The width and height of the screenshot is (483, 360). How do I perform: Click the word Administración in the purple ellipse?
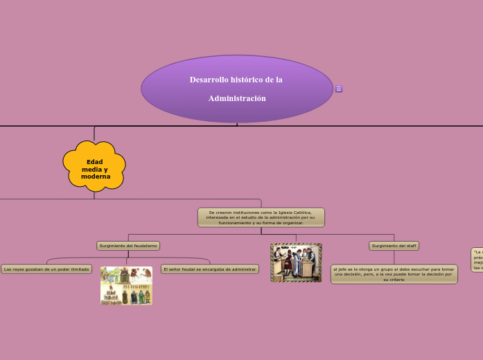coord(237,98)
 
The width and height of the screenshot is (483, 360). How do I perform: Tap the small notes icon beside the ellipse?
coord(339,89)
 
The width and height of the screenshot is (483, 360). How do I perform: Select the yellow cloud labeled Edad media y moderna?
coord(94,166)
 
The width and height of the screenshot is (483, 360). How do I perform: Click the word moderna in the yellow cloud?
coord(96,177)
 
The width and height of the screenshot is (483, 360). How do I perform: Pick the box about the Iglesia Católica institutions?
coord(261,217)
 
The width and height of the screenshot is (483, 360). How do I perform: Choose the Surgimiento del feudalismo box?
coord(128,246)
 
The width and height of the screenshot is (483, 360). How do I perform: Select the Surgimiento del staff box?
coord(394,246)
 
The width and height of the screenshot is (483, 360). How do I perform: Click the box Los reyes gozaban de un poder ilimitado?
coord(46,269)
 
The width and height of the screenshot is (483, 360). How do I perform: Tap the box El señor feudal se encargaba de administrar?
coord(209,269)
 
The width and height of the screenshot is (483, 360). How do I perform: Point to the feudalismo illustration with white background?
coord(126,285)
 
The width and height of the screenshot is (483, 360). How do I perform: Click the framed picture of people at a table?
coord(296,262)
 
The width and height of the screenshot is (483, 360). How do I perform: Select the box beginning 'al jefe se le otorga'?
coord(394,273)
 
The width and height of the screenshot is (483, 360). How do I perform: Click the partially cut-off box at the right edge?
coord(477,260)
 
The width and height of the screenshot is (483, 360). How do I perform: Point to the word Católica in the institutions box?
coord(301,213)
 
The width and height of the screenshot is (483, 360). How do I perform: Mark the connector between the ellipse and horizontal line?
coord(237,125)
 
